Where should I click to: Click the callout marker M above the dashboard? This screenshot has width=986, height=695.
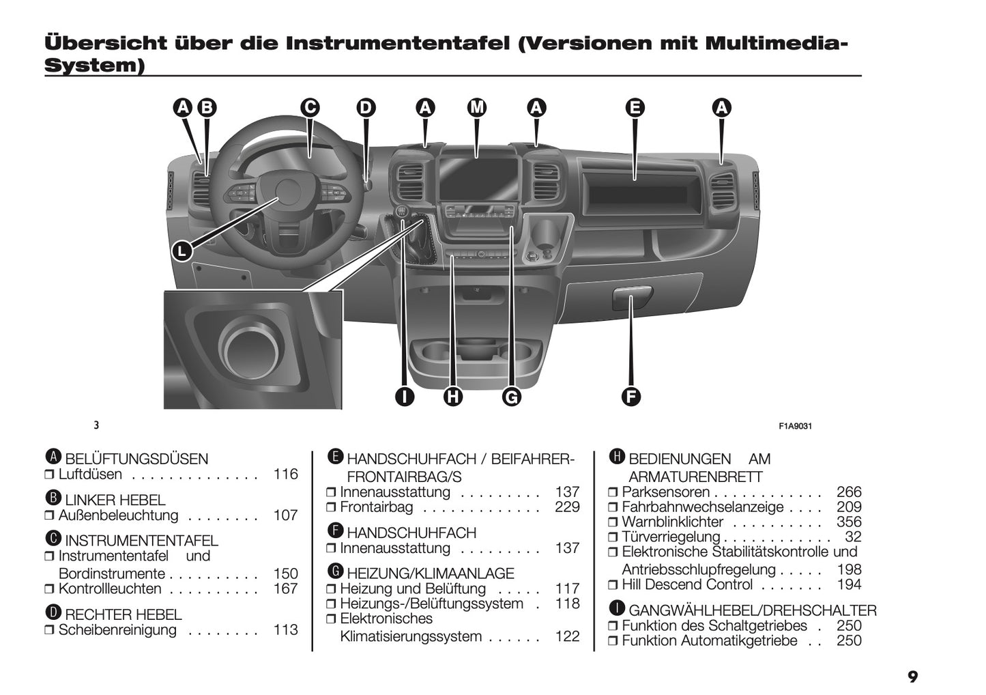click(477, 108)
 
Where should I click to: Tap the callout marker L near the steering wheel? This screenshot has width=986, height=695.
click(181, 251)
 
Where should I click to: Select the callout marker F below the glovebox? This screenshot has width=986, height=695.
click(631, 396)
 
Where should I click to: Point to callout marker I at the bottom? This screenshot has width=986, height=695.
click(405, 396)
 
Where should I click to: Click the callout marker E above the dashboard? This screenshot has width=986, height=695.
click(635, 108)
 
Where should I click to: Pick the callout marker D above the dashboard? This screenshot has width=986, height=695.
click(366, 108)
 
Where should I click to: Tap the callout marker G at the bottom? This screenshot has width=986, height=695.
click(511, 396)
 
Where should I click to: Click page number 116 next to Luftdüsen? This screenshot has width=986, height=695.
click(285, 474)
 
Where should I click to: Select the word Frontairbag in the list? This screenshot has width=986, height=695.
click(376, 507)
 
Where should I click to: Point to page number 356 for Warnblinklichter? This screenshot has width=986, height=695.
click(849, 522)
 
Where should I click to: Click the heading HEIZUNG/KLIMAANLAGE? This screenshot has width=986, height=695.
click(430, 573)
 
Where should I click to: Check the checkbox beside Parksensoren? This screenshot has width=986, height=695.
click(613, 493)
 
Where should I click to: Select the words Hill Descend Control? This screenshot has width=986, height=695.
click(687, 585)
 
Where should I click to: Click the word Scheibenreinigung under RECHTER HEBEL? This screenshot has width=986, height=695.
click(117, 630)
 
